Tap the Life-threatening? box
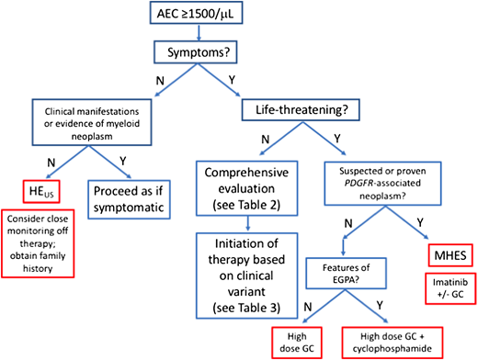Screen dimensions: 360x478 pos(300,110)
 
